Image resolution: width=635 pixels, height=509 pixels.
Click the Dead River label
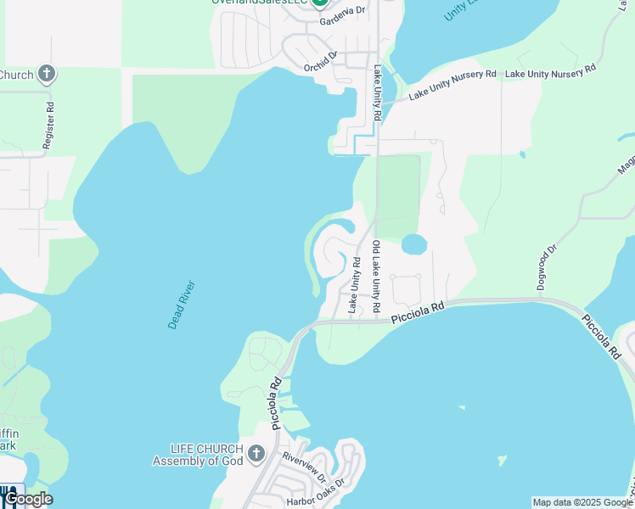182,305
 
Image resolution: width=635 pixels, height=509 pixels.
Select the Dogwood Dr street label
548,267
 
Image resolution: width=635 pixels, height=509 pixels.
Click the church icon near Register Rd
47,74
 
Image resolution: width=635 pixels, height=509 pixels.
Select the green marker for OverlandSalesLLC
320,3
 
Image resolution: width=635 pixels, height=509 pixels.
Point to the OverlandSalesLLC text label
260,3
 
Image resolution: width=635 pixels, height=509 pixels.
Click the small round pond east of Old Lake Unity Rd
413,244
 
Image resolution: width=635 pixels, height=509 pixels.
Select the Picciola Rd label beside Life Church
275,402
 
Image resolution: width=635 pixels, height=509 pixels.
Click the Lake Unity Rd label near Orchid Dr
375,94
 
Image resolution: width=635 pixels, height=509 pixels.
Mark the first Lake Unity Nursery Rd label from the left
452,85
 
